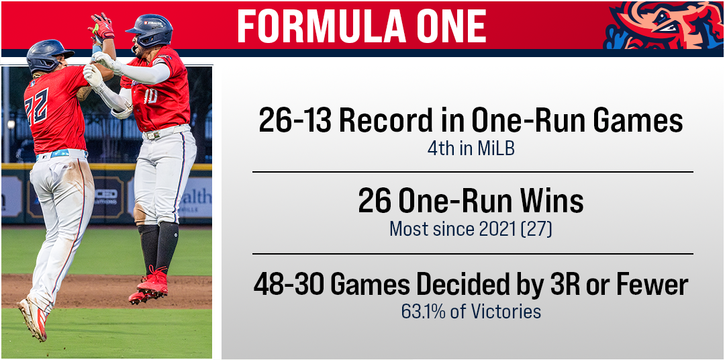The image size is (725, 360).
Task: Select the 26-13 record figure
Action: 295,121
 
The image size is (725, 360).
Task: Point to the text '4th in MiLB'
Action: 471,150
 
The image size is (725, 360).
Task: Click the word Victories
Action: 507,312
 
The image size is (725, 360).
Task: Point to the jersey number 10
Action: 151,96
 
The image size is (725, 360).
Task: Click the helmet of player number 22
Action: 48,56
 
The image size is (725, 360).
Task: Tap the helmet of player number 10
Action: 150,30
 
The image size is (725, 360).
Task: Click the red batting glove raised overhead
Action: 102,28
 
